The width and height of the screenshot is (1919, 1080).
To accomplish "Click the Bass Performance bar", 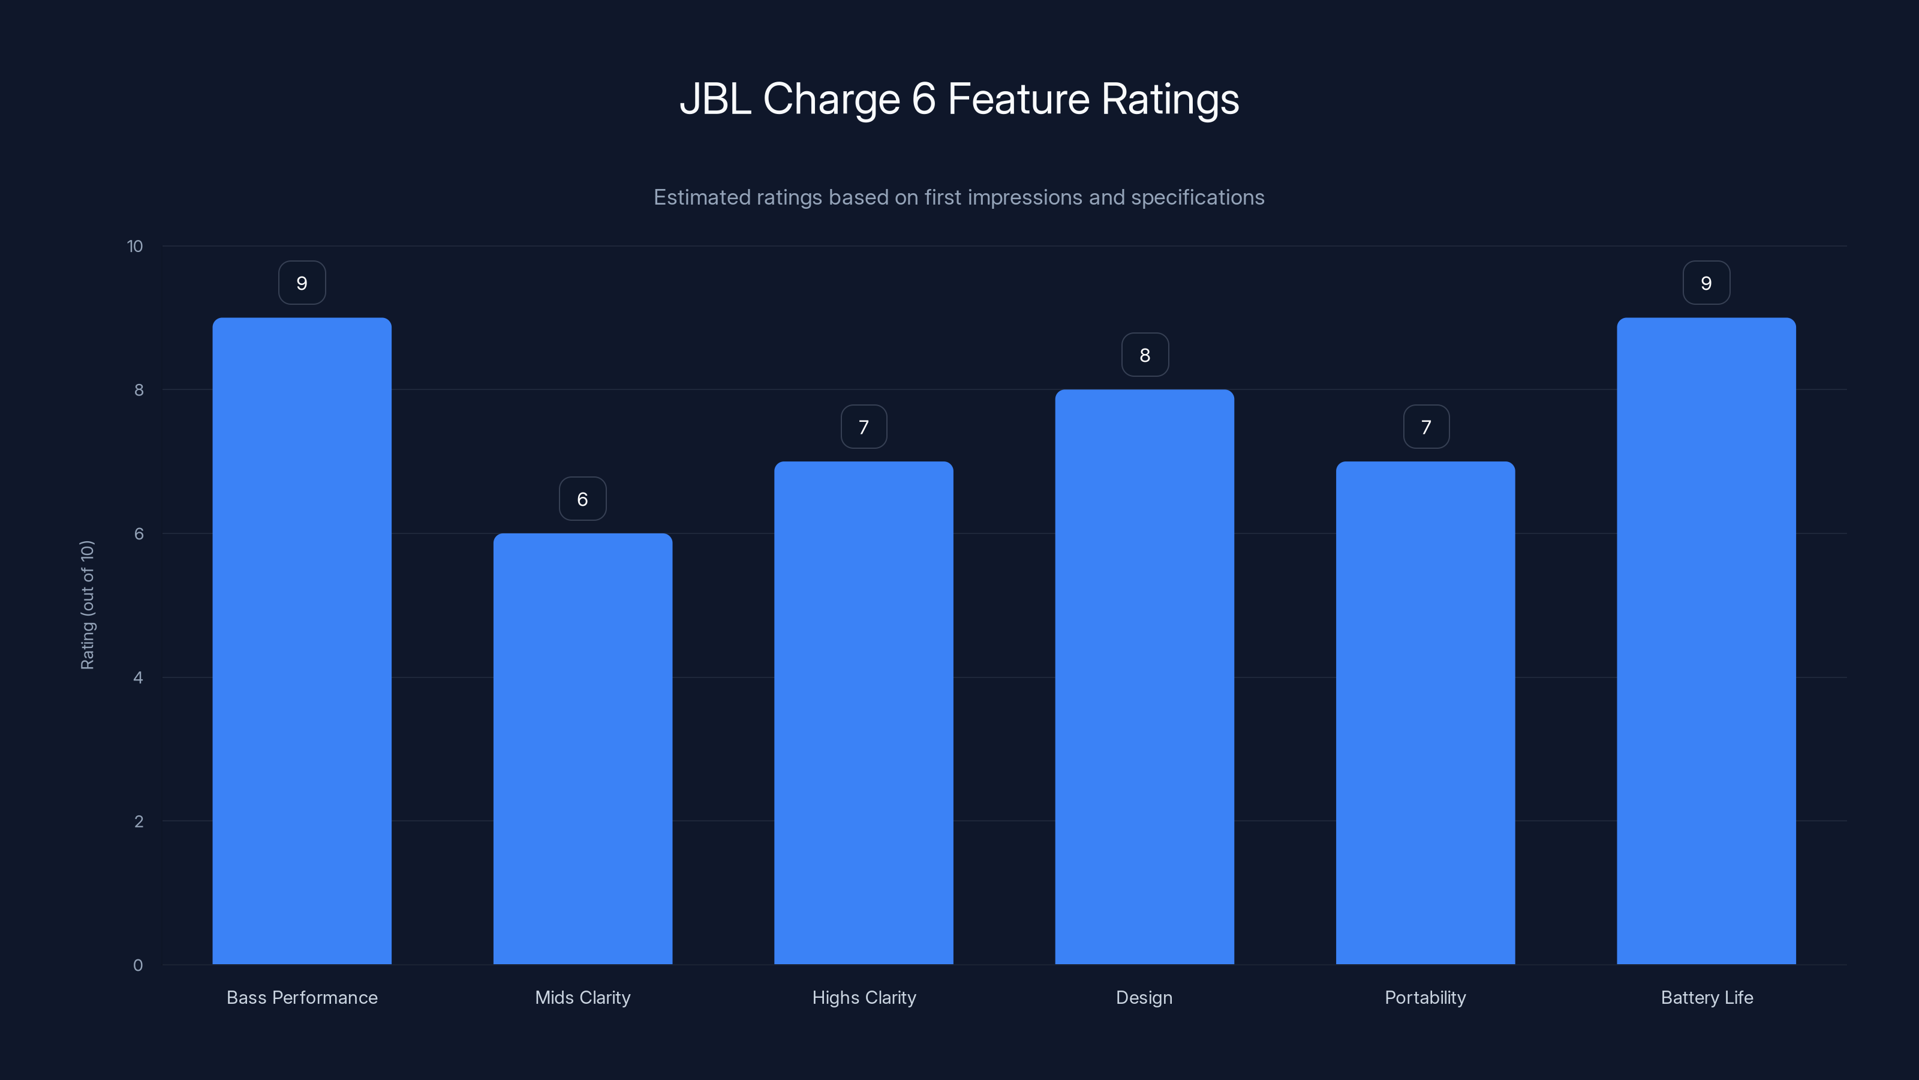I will coord(302,641).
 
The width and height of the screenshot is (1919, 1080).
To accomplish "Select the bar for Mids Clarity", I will coord(582,748).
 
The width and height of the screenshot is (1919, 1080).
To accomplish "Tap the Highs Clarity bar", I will coord(864,713).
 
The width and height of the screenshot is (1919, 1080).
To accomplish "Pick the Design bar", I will coord(1144,677).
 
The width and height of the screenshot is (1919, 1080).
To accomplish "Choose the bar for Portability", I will coord(1425,713).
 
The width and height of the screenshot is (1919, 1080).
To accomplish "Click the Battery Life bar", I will coord(1706,641).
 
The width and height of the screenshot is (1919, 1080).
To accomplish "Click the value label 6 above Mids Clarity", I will coord(582,499).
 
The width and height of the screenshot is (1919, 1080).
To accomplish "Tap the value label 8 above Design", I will coord(1145,355).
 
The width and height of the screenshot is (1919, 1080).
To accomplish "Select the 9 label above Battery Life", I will coord(1706,283).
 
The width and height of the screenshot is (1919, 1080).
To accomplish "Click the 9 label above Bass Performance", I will coord(302,283).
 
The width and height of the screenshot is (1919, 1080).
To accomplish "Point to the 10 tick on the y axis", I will coord(135,246).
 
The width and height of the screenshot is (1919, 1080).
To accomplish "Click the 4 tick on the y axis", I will coord(138,677).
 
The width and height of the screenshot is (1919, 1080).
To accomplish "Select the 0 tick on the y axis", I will coord(138,965).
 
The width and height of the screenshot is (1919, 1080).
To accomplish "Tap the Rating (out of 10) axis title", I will coord(87,605).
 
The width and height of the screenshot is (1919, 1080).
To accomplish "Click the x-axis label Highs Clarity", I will coord(864,997).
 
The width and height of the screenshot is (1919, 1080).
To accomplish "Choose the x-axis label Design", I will coord(1144,997).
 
